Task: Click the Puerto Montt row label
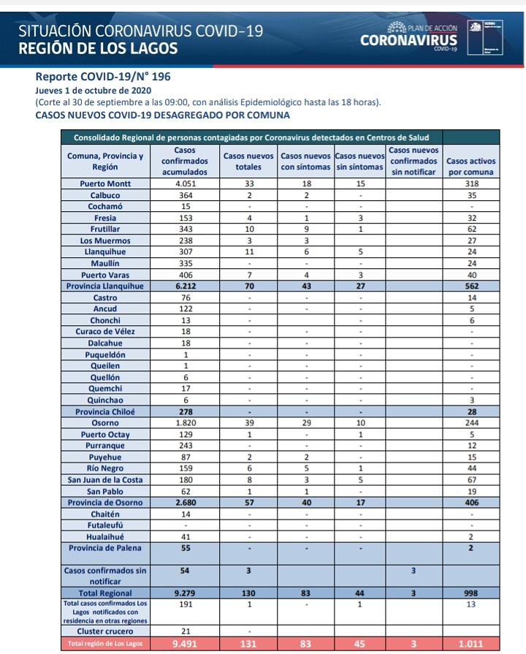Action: click(x=105, y=184)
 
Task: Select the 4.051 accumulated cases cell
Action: click(x=185, y=184)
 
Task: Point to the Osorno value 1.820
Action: click(x=185, y=422)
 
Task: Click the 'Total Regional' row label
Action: click(x=105, y=593)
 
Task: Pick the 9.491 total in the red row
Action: click(x=185, y=644)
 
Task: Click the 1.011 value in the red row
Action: click(x=470, y=644)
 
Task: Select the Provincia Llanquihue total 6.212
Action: click(x=185, y=286)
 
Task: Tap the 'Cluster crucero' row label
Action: click(x=105, y=631)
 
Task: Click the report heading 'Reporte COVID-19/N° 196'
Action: click(x=102, y=76)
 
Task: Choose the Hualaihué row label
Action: click(x=105, y=536)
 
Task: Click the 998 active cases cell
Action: click(x=470, y=593)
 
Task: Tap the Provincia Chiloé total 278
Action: click(x=185, y=411)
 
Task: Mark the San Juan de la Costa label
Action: click(x=105, y=479)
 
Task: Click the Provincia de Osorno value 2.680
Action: click(x=185, y=502)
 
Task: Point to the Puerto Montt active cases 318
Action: click(x=470, y=184)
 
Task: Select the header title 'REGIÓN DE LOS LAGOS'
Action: click(x=98, y=49)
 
